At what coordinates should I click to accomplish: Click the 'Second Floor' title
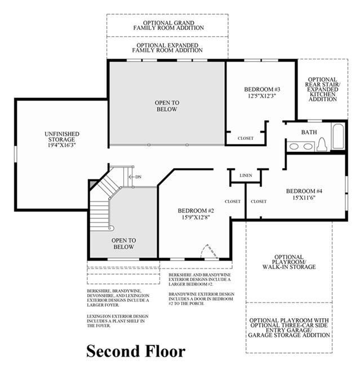tap(135, 351)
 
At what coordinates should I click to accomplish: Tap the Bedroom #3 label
tap(262, 90)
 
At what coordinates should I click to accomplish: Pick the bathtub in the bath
tap(337, 137)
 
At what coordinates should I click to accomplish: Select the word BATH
tap(309, 132)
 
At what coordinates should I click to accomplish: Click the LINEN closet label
tap(245, 176)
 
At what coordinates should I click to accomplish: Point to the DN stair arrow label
tap(138, 177)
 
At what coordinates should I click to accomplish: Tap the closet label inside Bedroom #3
tap(245, 138)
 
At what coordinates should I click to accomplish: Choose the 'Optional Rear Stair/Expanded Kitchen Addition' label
tap(322, 89)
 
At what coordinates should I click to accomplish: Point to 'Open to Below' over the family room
tap(167, 105)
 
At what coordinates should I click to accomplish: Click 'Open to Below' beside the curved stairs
tap(123, 243)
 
